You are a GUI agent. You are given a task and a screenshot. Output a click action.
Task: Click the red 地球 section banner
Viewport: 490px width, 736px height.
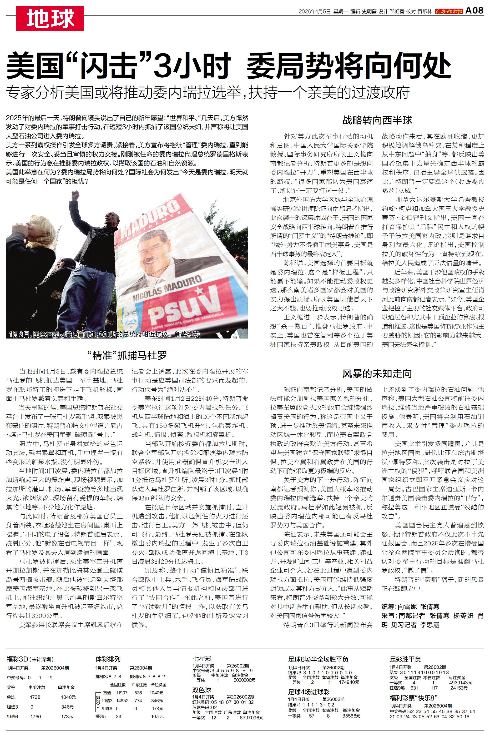pos(50,18)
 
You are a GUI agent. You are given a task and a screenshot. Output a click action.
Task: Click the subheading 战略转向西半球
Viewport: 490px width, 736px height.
pos(377,120)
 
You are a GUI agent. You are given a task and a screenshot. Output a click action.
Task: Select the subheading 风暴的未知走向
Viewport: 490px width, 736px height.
pos(377,374)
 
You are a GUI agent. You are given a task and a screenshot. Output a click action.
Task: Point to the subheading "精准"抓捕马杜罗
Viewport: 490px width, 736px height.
pos(127,355)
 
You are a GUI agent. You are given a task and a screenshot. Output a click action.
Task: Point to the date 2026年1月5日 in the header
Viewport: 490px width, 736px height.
pos(314,12)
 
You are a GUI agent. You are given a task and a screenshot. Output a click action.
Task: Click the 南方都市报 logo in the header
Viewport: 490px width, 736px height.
pos(448,11)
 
